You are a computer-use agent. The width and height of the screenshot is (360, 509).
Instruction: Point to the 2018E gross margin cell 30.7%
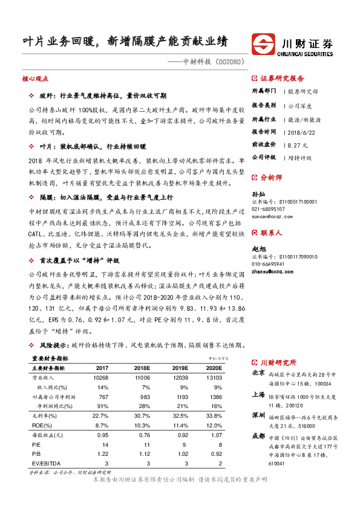click(x=142, y=415)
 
